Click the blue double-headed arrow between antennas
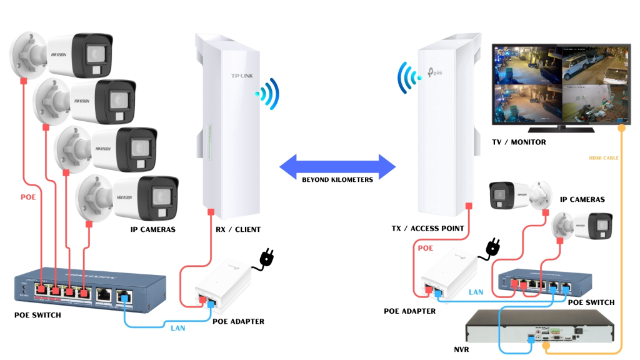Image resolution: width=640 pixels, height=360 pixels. click(337, 166)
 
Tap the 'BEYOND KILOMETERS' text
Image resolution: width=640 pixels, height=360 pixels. click(337, 179)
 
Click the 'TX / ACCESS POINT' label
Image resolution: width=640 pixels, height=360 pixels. click(428, 228)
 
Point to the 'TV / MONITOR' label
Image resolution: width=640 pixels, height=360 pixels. click(519, 142)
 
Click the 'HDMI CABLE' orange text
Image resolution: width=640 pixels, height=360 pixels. click(604, 158)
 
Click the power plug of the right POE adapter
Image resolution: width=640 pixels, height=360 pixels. click(492, 247)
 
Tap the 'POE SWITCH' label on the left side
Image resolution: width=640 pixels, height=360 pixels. click(37, 315)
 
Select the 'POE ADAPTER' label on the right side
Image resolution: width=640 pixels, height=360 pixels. click(410, 311)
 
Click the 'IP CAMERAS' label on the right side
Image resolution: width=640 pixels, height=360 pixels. click(582, 199)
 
